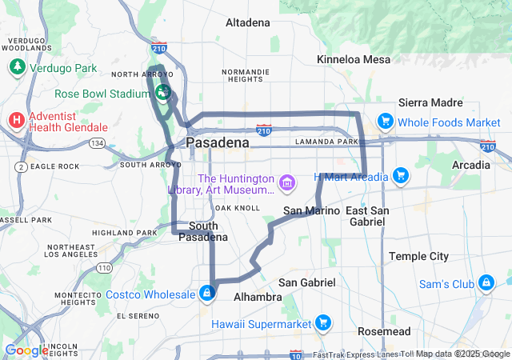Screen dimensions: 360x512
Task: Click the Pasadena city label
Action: click(x=218, y=142)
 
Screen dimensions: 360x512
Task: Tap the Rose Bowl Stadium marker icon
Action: click(x=162, y=93)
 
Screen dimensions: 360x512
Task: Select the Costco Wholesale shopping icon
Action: click(x=207, y=294)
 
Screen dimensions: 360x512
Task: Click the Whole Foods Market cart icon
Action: click(x=386, y=122)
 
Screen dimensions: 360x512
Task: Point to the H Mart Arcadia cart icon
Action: click(x=401, y=176)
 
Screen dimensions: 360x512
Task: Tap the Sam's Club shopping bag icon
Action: click(x=486, y=283)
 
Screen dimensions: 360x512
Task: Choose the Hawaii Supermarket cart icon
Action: click(x=323, y=323)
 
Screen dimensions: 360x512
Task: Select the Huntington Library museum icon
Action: click(x=287, y=184)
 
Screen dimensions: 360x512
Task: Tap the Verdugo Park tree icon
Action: click(x=17, y=67)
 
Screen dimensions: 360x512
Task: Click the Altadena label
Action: click(x=248, y=22)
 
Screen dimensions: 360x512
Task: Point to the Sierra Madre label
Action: click(x=430, y=102)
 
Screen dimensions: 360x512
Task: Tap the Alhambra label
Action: click(x=257, y=297)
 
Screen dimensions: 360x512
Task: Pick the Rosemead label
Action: click(x=384, y=331)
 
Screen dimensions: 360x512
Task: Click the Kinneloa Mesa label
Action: click(x=354, y=59)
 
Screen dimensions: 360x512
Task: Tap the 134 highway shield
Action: click(x=98, y=143)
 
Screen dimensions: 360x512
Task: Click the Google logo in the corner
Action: click(x=26, y=350)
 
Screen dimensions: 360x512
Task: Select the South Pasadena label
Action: click(x=197, y=231)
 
